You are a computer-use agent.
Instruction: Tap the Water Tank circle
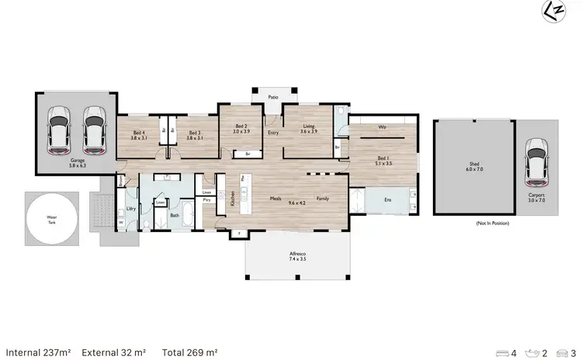pyautogui.click(x=51, y=220)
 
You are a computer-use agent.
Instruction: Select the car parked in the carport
pyautogui.click(x=535, y=158)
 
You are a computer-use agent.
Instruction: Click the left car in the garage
pyautogui.click(x=59, y=130)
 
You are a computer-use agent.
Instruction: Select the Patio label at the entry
pyautogui.click(x=272, y=98)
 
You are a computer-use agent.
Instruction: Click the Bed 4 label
pyautogui.click(x=139, y=135)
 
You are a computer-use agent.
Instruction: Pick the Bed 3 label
pyautogui.click(x=194, y=135)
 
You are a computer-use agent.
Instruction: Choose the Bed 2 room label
pyautogui.click(x=241, y=129)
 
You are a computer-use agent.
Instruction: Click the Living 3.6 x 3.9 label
pyautogui.click(x=309, y=129)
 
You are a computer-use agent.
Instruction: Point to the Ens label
pyautogui.click(x=388, y=200)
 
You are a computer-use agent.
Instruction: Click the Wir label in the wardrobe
pyautogui.click(x=383, y=126)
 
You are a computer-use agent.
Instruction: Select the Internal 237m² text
pyautogui.click(x=38, y=352)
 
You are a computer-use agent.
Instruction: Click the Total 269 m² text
pyautogui.click(x=189, y=352)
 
